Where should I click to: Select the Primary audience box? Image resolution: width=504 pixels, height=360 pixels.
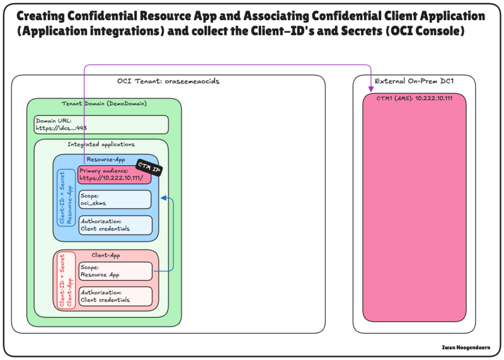click(115, 175)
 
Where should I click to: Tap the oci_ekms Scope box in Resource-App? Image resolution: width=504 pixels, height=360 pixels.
click(115, 199)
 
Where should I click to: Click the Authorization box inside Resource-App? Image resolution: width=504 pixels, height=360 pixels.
click(115, 224)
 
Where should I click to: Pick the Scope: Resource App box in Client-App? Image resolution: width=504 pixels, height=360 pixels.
click(115, 271)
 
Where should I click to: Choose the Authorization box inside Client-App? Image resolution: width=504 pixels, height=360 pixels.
click(115, 296)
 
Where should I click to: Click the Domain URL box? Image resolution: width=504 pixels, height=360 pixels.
click(101, 124)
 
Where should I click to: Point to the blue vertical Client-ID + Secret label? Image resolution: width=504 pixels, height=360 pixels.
click(66, 199)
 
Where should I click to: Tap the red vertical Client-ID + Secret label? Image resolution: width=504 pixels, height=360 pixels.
click(66, 280)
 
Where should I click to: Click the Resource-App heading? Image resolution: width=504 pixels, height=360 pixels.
click(105, 160)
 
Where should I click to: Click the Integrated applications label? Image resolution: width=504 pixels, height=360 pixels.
click(101, 145)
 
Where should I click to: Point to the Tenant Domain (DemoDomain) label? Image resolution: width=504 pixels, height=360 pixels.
click(104, 103)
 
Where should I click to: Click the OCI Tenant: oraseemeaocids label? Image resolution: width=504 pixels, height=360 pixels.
click(168, 81)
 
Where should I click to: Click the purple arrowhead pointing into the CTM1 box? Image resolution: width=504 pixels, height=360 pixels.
click(370, 94)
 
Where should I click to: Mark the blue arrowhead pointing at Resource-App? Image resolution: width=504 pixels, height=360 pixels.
click(163, 199)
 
